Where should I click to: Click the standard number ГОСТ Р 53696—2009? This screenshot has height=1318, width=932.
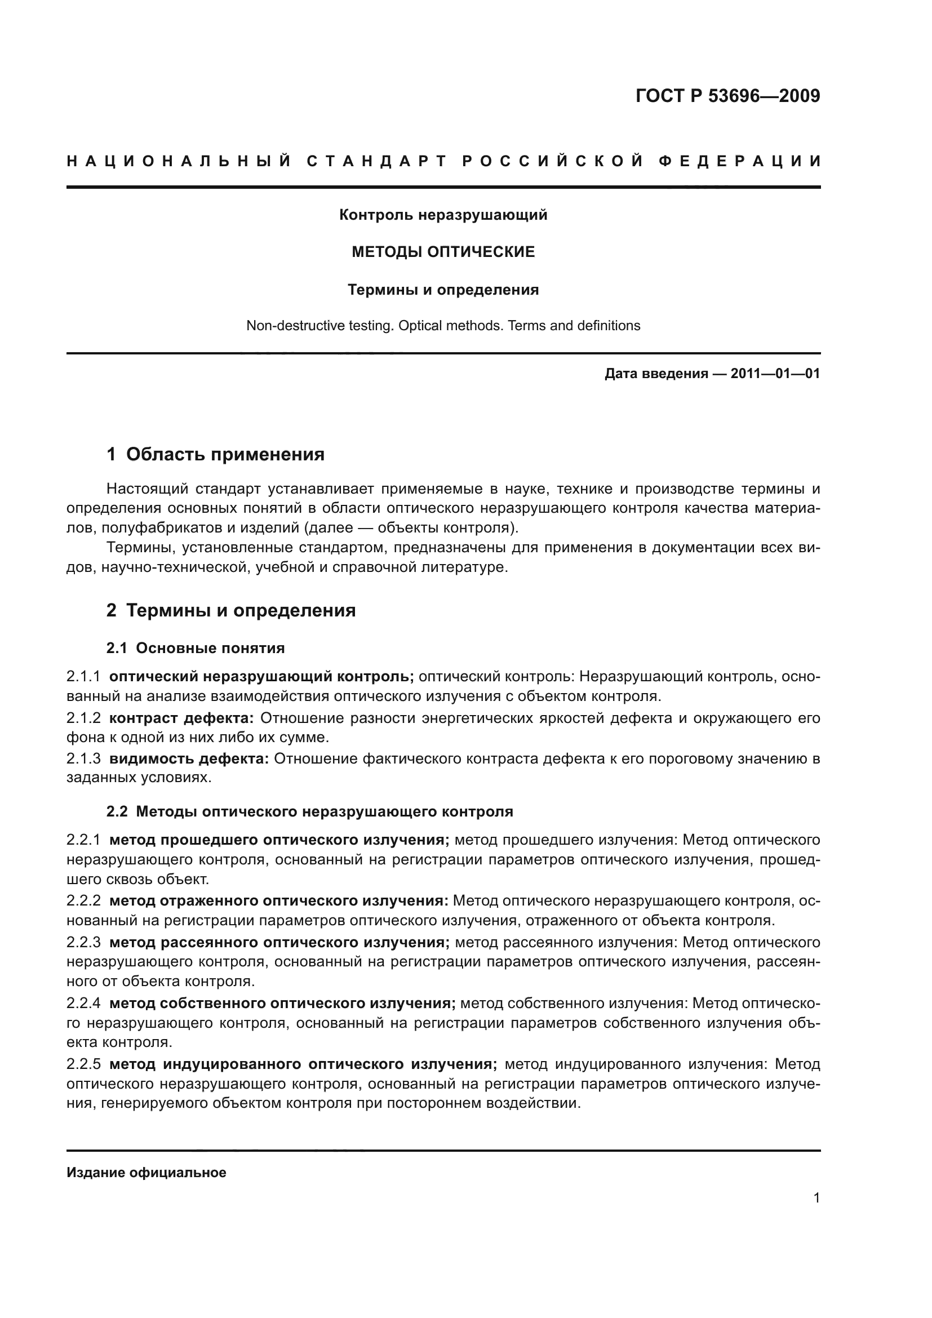tap(727, 96)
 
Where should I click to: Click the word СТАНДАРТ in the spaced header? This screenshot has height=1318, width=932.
tap(376, 161)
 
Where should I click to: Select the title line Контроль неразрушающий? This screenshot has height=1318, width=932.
tap(443, 215)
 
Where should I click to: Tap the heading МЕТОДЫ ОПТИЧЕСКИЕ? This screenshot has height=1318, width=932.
tap(443, 252)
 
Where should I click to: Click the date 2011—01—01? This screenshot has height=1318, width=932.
tap(775, 374)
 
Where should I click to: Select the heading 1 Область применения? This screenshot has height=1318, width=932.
tap(215, 455)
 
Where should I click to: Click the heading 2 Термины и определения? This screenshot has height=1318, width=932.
tap(230, 610)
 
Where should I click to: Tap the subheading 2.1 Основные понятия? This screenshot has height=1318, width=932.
tap(195, 649)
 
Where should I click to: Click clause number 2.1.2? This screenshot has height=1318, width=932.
tap(84, 718)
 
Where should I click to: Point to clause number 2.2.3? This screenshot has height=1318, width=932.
tap(84, 943)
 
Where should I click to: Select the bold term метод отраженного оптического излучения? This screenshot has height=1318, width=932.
tap(278, 901)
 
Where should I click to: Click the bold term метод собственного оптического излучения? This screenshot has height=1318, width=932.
tap(282, 1004)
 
